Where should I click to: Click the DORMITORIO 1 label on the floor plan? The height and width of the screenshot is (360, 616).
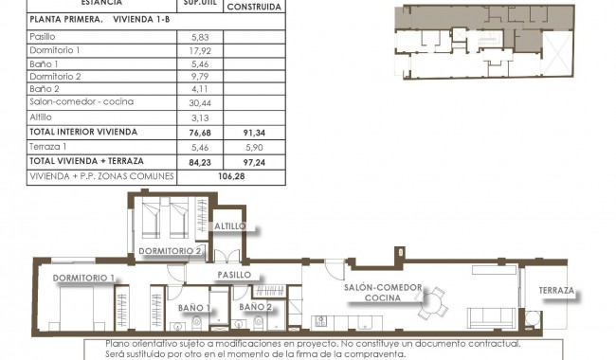tap(83, 278)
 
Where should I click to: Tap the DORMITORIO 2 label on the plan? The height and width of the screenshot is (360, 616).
tap(171, 250)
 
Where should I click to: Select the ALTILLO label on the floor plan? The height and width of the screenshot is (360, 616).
tap(229, 226)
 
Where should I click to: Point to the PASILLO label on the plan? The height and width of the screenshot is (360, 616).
tap(234, 274)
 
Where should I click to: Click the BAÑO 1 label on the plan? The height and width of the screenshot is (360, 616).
tap(194, 307)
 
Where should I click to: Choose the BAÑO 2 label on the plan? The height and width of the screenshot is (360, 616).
tap(256, 307)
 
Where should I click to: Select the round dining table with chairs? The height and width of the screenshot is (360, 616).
tap(435, 304)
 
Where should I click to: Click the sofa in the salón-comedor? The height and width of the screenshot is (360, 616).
tap(492, 319)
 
